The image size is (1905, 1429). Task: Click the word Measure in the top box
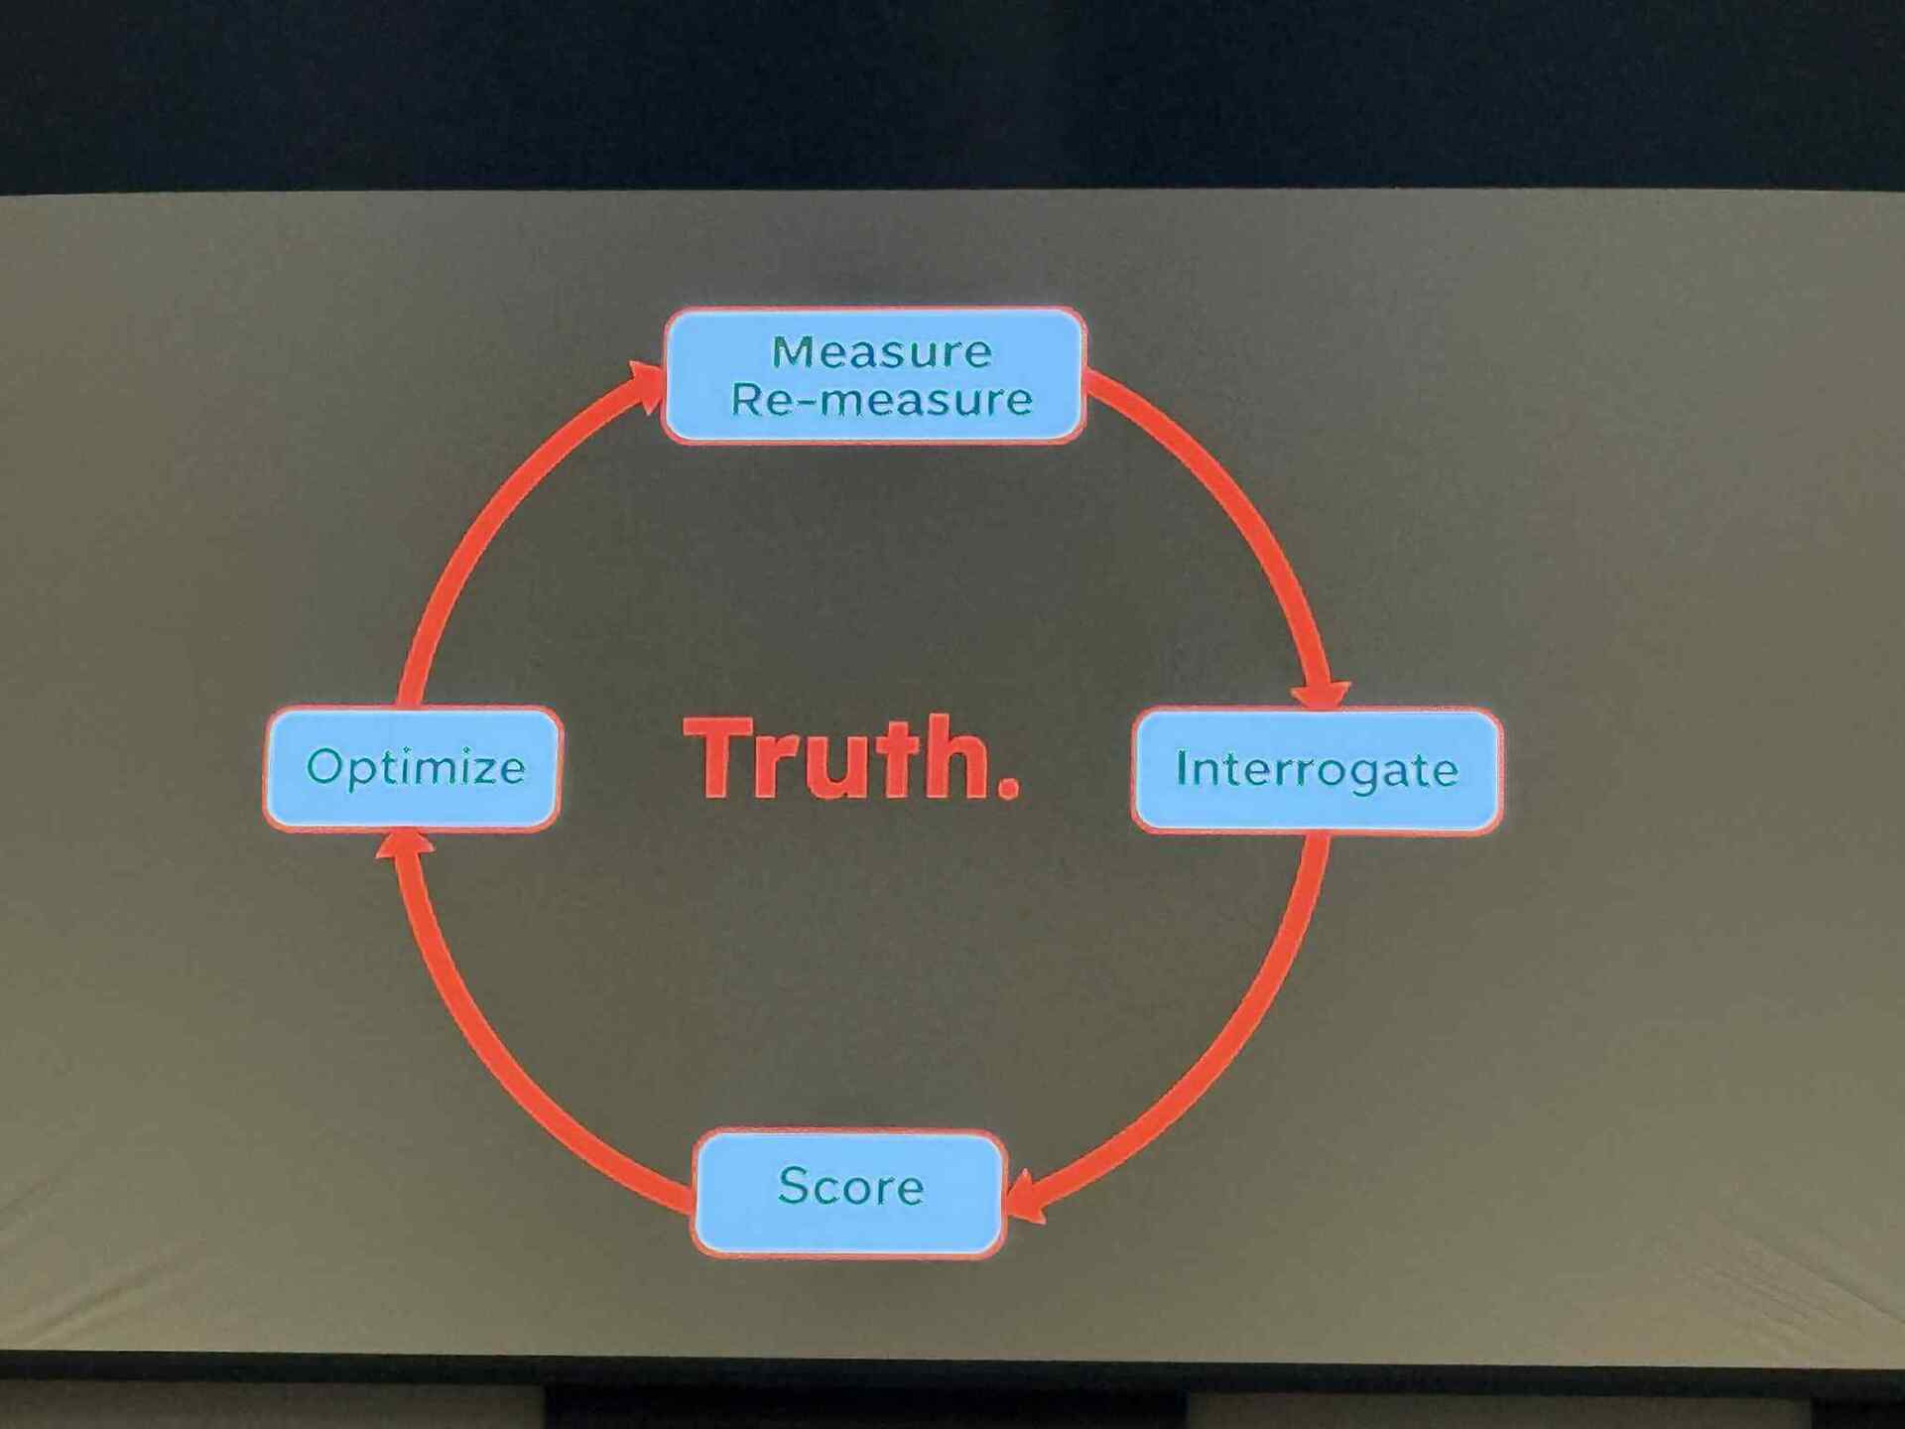[881, 351]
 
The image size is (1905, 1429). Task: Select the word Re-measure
[881, 399]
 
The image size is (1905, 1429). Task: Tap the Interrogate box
[1316, 770]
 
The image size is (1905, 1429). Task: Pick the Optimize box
[414, 767]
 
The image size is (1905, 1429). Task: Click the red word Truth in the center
[838, 758]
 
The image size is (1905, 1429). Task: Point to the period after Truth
[1007, 789]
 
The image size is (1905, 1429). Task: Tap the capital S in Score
[792, 1186]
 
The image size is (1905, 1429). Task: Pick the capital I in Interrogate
[1182, 768]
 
